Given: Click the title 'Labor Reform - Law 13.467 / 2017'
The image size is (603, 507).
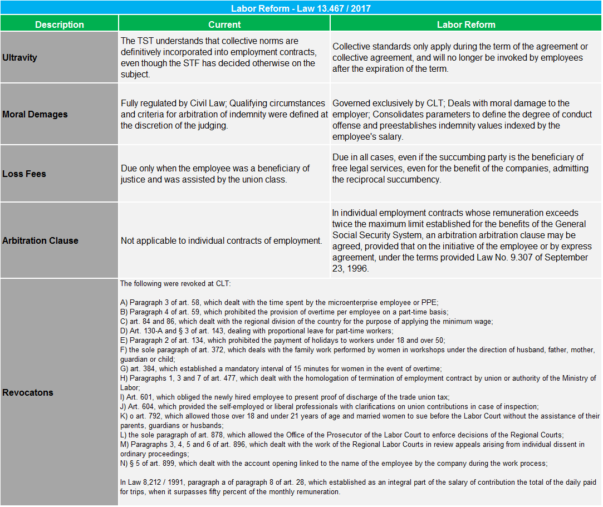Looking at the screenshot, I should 301,8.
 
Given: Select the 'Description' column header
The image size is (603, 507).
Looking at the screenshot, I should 60,24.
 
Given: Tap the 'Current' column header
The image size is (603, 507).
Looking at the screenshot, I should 224,24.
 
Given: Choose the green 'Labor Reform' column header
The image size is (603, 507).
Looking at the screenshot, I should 466,24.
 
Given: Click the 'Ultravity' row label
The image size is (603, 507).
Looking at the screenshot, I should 20,57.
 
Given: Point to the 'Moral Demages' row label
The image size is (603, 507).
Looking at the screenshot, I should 35,114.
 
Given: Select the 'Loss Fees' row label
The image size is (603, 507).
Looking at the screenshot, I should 24,174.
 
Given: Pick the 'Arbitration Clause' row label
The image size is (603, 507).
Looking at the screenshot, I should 41,240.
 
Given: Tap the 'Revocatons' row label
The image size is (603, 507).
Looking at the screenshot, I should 28,392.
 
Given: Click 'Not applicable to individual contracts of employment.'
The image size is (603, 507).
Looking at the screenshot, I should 222,240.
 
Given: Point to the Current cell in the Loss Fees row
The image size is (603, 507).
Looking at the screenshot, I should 215,174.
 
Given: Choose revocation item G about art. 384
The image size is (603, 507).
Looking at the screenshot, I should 281,368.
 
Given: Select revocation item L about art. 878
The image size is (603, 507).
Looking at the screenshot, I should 342,435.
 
